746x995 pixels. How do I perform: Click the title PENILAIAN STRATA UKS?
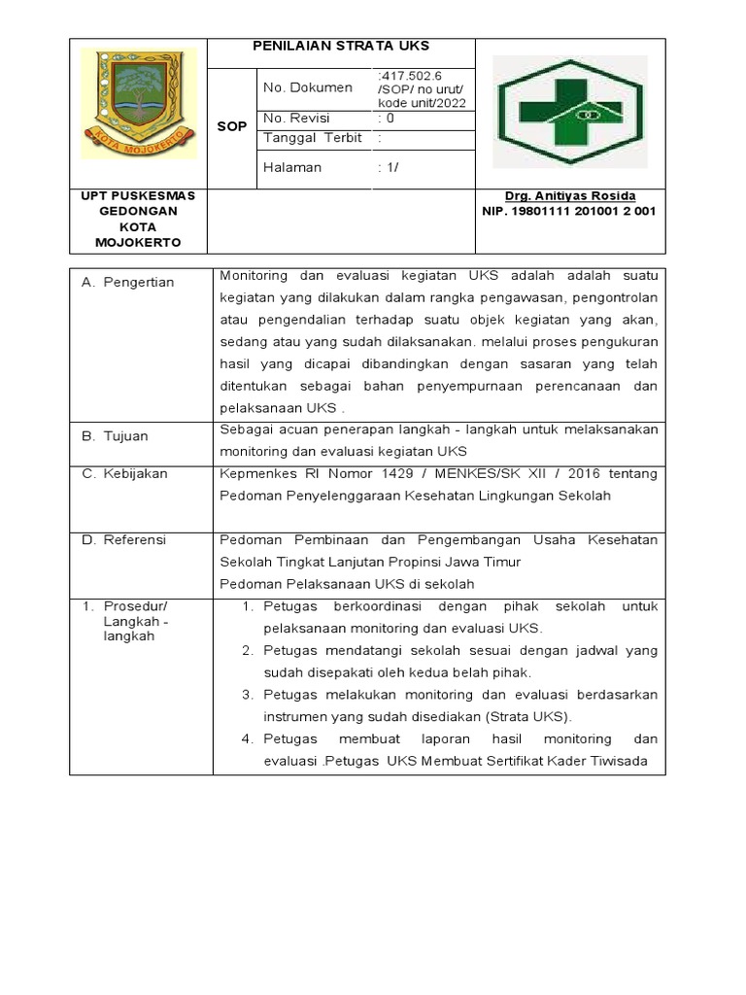[x=341, y=46]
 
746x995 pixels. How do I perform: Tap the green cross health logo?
[x=570, y=113]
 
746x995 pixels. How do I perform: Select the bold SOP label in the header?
[x=231, y=127]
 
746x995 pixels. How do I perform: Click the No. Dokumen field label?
[x=308, y=87]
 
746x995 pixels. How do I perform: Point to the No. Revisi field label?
[x=297, y=119]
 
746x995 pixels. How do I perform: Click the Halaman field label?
[x=292, y=167]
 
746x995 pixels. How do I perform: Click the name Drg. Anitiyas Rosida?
[x=570, y=196]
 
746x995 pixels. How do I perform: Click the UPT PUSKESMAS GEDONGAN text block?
[x=137, y=219]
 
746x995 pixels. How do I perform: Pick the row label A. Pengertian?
[x=128, y=282]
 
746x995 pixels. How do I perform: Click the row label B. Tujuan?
[x=116, y=436]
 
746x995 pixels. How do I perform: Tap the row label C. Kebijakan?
[x=125, y=473]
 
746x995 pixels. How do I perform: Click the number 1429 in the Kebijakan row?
[x=401, y=473]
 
